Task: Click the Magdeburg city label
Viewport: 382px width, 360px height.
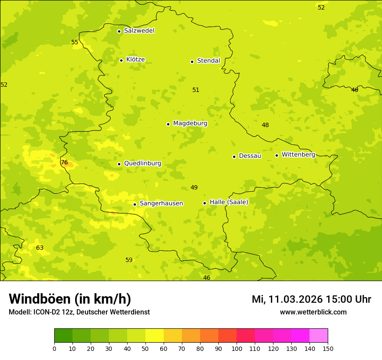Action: (x=190, y=124)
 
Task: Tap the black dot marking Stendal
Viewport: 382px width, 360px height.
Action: (x=192, y=62)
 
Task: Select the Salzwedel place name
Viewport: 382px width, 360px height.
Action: (x=139, y=31)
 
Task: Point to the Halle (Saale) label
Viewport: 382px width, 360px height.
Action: (x=229, y=202)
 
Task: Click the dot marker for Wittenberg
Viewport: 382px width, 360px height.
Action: (x=277, y=155)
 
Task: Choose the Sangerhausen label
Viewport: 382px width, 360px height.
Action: (x=161, y=203)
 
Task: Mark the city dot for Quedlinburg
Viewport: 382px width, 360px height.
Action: (x=119, y=164)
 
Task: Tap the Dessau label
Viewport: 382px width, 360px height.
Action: (x=250, y=156)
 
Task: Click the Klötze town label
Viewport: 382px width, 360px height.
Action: (x=135, y=60)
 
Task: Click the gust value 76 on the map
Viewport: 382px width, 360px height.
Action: (x=64, y=163)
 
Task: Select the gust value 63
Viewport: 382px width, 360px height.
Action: (x=40, y=248)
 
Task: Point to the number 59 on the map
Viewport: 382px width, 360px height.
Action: (x=129, y=260)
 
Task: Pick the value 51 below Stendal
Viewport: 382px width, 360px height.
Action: (x=196, y=90)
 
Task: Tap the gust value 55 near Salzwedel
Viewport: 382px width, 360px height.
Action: (x=75, y=43)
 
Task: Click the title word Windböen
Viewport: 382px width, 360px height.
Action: (x=40, y=299)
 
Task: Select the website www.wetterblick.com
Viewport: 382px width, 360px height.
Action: (x=313, y=312)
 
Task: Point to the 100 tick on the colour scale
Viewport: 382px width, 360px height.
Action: (x=237, y=348)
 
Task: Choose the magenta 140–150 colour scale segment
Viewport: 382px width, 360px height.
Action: (x=319, y=335)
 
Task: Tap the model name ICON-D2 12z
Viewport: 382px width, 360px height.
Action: (x=53, y=312)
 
